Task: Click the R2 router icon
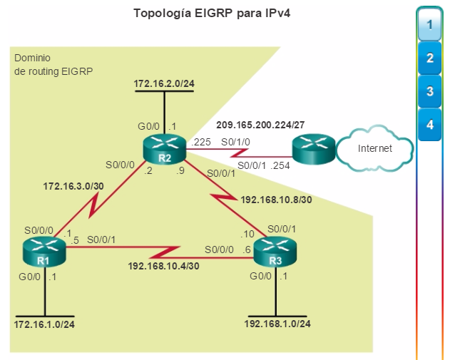pos(165,149)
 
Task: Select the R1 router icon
pos(44,252)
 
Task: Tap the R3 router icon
pos(275,252)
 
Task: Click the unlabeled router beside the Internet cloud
pos(314,149)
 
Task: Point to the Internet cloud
pos(374,148)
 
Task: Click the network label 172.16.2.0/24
pos(164,83)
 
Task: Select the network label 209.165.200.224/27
pos(260,125)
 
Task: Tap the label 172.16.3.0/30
pos(73,186)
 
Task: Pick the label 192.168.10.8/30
pos(276,200)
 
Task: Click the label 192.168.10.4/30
pos(163,266)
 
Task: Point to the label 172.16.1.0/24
pos(44,324)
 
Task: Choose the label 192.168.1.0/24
pos(277,324)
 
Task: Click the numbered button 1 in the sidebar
pos(429,25)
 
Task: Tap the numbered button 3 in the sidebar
pos(429,91)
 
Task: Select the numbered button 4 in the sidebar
pos(429,125)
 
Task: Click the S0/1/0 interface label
pos(235,142)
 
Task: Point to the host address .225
pos(201,142)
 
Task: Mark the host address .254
pos(280,165)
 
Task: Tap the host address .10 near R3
pos(247,234)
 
